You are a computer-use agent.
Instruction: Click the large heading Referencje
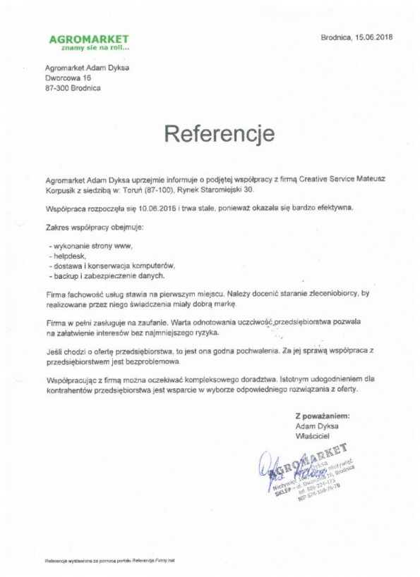210,132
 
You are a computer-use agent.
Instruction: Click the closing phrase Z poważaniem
323,416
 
